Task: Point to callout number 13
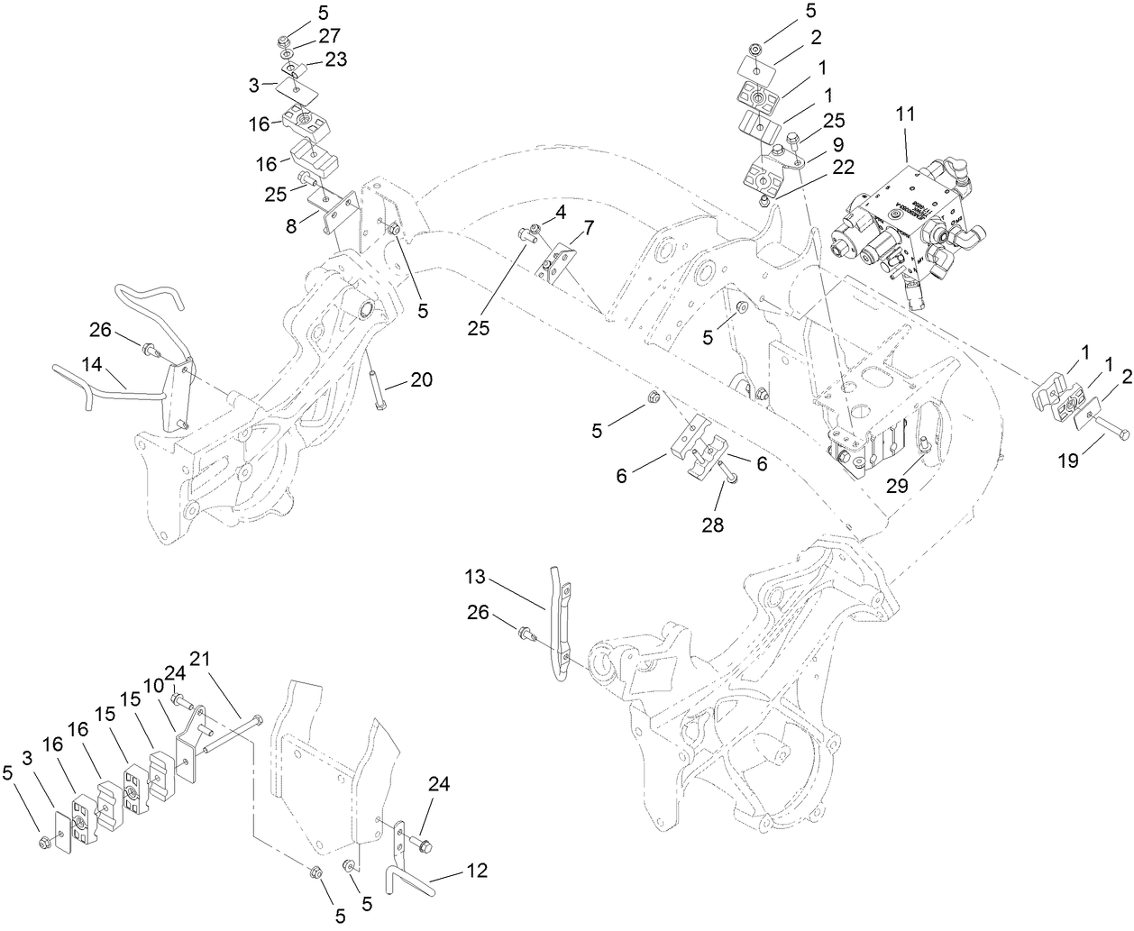point(476,576)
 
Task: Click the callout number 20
point(422,380)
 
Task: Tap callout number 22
point(844,166)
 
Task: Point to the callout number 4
point(560,214)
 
